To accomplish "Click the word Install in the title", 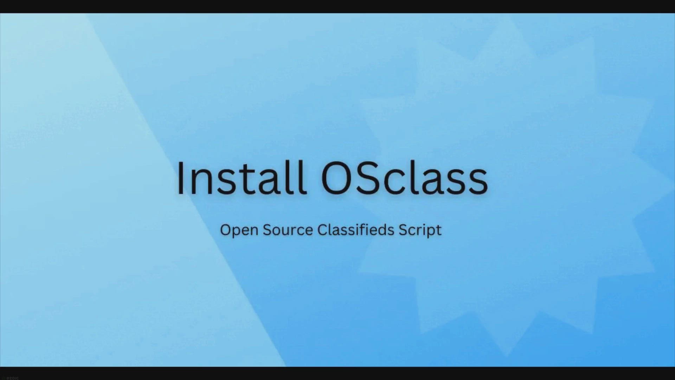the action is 241,177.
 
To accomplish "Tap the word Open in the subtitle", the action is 239,230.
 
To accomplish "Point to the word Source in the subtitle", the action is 288,230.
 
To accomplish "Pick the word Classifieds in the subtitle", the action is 356,229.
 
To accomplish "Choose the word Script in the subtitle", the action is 420,230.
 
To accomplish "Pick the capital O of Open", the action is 226,230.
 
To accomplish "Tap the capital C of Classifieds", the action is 323,230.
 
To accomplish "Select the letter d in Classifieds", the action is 381,230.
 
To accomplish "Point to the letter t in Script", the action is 438,231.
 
